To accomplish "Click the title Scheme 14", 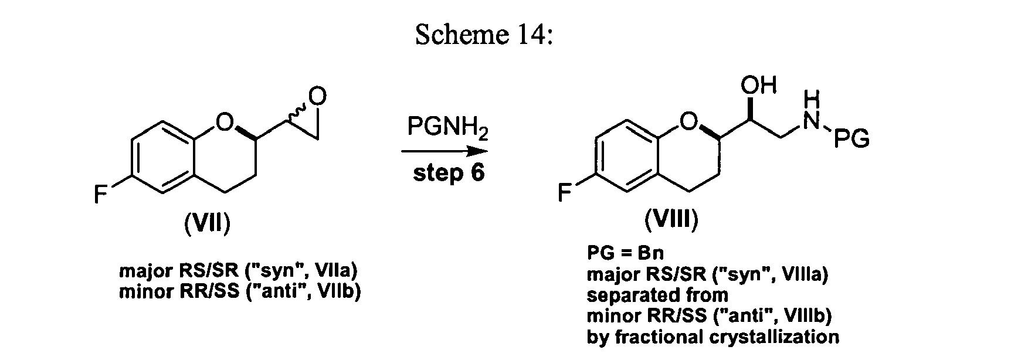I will pyautogui.click(x=484, y=35).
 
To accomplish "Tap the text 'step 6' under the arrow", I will pyautogui.click(x=449, y=173).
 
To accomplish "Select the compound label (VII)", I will pyautogui.click(x=206, y=223).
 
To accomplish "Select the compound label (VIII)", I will pyautogui.click(x=671, y=220).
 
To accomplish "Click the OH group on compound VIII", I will pyautogui.click(x=758, y=86).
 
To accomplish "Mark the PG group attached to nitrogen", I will pyautogui.click(x=851, y=140).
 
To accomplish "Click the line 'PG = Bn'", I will pyautogui.click(x=625, y=253).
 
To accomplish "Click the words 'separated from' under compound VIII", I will pyautogui.click(x=657, y=295).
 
